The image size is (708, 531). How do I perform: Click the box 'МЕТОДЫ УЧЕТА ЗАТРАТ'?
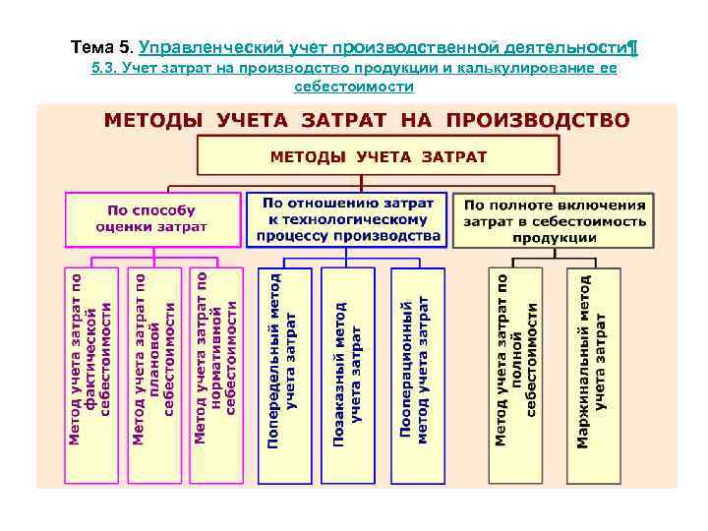coord(379,155)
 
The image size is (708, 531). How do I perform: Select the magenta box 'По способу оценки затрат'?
coord(152,218)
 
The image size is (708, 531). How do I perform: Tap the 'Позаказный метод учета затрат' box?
coord(349,374)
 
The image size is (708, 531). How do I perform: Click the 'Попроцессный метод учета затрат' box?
coord(415,374)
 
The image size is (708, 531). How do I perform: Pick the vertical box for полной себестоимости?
coord(516,374)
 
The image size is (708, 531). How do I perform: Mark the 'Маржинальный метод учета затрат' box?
coord(593,374)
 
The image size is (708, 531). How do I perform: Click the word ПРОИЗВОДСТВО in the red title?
coord(538,121)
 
